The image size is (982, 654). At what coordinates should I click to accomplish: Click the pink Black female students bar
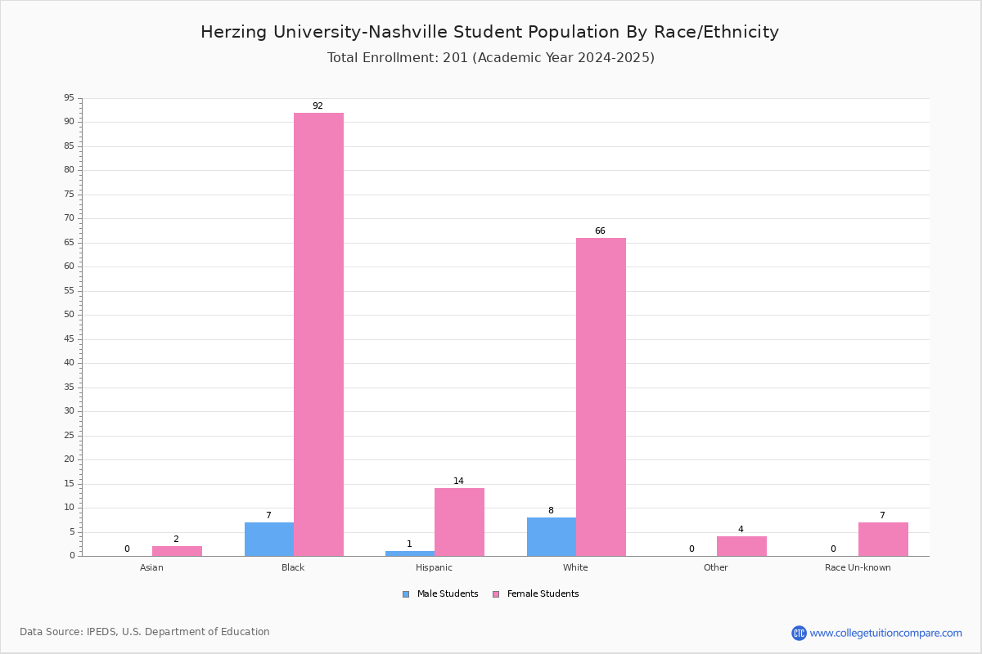(x=318, y=334)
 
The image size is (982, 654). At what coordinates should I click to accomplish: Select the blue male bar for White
(x=552, y=537)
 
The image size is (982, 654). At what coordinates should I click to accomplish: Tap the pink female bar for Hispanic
(x=459, y=522)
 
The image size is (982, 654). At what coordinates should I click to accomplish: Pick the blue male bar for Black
(x=269, y=540)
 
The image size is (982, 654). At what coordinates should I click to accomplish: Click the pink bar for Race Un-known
(x=883, y=540)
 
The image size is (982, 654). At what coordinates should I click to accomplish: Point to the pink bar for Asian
(x=177, y=551)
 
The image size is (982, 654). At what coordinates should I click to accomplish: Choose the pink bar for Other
(x=741, y=546)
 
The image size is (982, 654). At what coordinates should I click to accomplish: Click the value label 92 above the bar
(x=318, y=105)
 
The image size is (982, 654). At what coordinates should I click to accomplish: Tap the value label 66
(x=600, y=231)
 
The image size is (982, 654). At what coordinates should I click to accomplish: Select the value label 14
(x=458, y=481)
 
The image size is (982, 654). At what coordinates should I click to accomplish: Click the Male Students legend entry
(x=440, y=594)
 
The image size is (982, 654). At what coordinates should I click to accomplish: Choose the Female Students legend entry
(x=536, y=594)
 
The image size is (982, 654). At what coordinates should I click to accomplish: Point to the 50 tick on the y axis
(x=70, y=315)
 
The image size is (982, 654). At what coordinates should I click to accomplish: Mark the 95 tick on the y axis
(x=70, y=97)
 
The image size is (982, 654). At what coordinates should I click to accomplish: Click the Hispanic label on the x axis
(x=434, y=567)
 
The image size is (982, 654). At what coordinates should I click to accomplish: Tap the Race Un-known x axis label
(x=858, y=567)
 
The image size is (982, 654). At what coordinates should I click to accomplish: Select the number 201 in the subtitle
(x=456, y=58)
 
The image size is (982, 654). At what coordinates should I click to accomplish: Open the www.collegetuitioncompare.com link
(x=886, y=634)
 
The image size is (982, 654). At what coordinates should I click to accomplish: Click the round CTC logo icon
(x=799, y=634)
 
